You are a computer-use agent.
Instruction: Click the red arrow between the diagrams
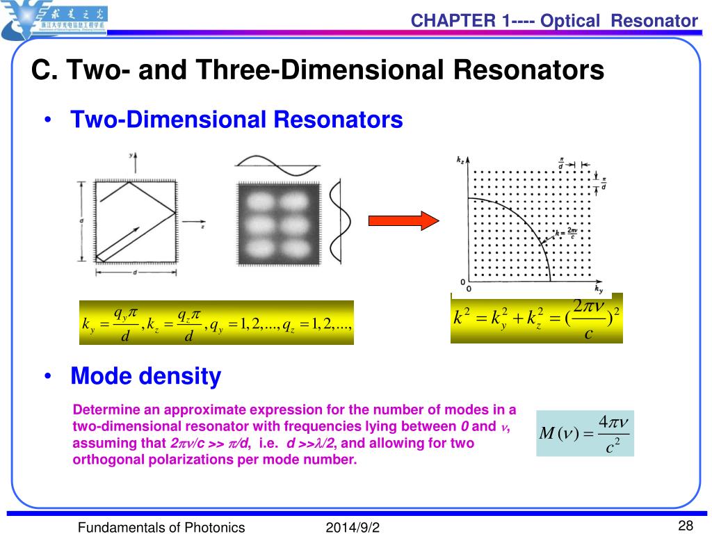(x=403, y=221)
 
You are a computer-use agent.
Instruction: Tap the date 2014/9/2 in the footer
(x=353, y=528)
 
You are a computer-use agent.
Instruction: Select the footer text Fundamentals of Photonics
(x=161, y=528)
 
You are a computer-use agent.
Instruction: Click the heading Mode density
(x=146, y=377)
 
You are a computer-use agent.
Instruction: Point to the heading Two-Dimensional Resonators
(x=236, y=120)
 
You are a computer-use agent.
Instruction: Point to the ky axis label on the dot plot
(x=599, y=288)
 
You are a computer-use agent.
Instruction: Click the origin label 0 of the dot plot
(x=469, y=287)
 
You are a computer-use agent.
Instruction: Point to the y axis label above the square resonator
(x=130, y=157)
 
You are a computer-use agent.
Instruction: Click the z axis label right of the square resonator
(x=202, y=227)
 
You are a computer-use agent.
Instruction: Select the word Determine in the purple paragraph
(x=103, y=409)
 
